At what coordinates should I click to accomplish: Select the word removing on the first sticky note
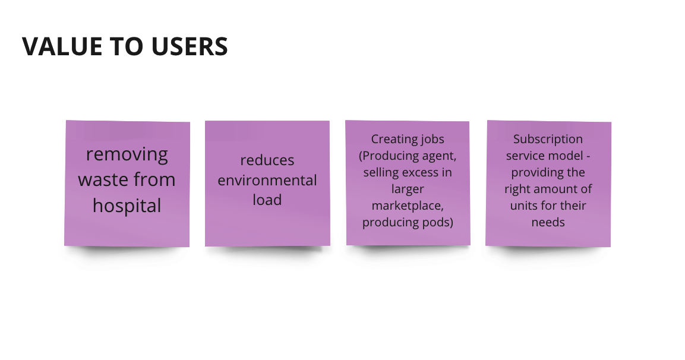click(x=127, y=154)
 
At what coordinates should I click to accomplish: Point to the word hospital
click(x=127, y=206)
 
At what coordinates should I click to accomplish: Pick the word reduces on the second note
click(x=267, y=160)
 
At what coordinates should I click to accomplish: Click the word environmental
click(x=267, y=180)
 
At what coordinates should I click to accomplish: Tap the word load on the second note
click(x=267, y=200)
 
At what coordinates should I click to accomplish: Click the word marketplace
click(x=408, y=206)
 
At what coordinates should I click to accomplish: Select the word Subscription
click(x=548, y=140)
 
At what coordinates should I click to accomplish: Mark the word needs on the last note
click(x=548, y=223)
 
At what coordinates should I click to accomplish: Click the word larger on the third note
click(x=408, y=190)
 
